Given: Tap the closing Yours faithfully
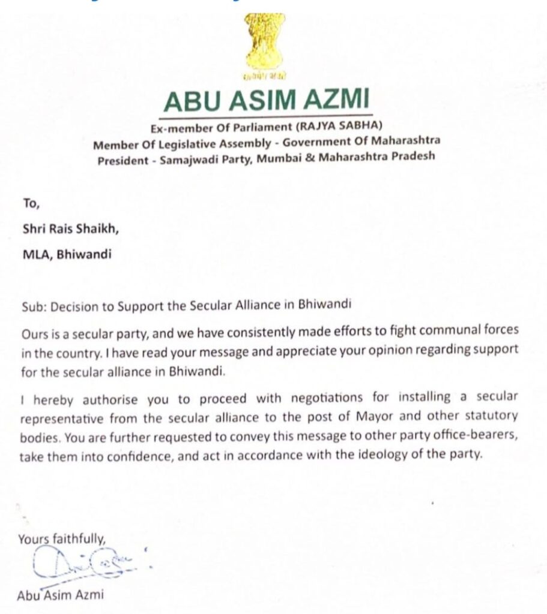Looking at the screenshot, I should coord(62,539).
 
